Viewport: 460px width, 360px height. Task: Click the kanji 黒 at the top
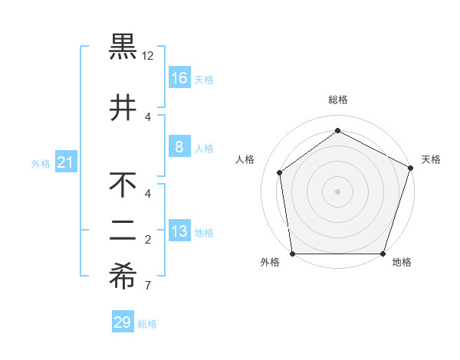(x=123, y=47)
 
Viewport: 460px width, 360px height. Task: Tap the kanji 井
(x=123, y=108)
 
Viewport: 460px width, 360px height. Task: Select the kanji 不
(x=123, y=185)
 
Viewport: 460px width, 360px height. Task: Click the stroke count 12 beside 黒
(x=148, y=56)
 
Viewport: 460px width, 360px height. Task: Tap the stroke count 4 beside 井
(x=148, y=116)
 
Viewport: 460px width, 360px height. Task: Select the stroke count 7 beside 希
(x=148, y=286)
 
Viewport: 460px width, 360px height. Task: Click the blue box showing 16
(x=179, y=77)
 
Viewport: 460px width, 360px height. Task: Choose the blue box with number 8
(x=179, y=147)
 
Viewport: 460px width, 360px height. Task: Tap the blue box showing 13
(x=179, y=231)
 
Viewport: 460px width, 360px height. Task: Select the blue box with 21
(x=66, y=162)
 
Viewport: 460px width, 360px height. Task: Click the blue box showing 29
(x=123, y=322)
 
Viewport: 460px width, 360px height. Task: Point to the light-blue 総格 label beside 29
(x=148, y=324)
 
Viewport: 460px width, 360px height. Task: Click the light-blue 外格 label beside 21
(x=41, y=164)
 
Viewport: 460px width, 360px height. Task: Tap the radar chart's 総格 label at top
(x=337, y=100)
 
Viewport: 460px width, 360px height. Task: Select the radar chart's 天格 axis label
(x=431, y=159)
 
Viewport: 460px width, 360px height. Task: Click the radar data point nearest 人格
(x=280, y=172)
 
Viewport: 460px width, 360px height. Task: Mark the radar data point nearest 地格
(x=383, y=254)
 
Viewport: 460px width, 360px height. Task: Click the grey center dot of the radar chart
(x=337, y=191)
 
